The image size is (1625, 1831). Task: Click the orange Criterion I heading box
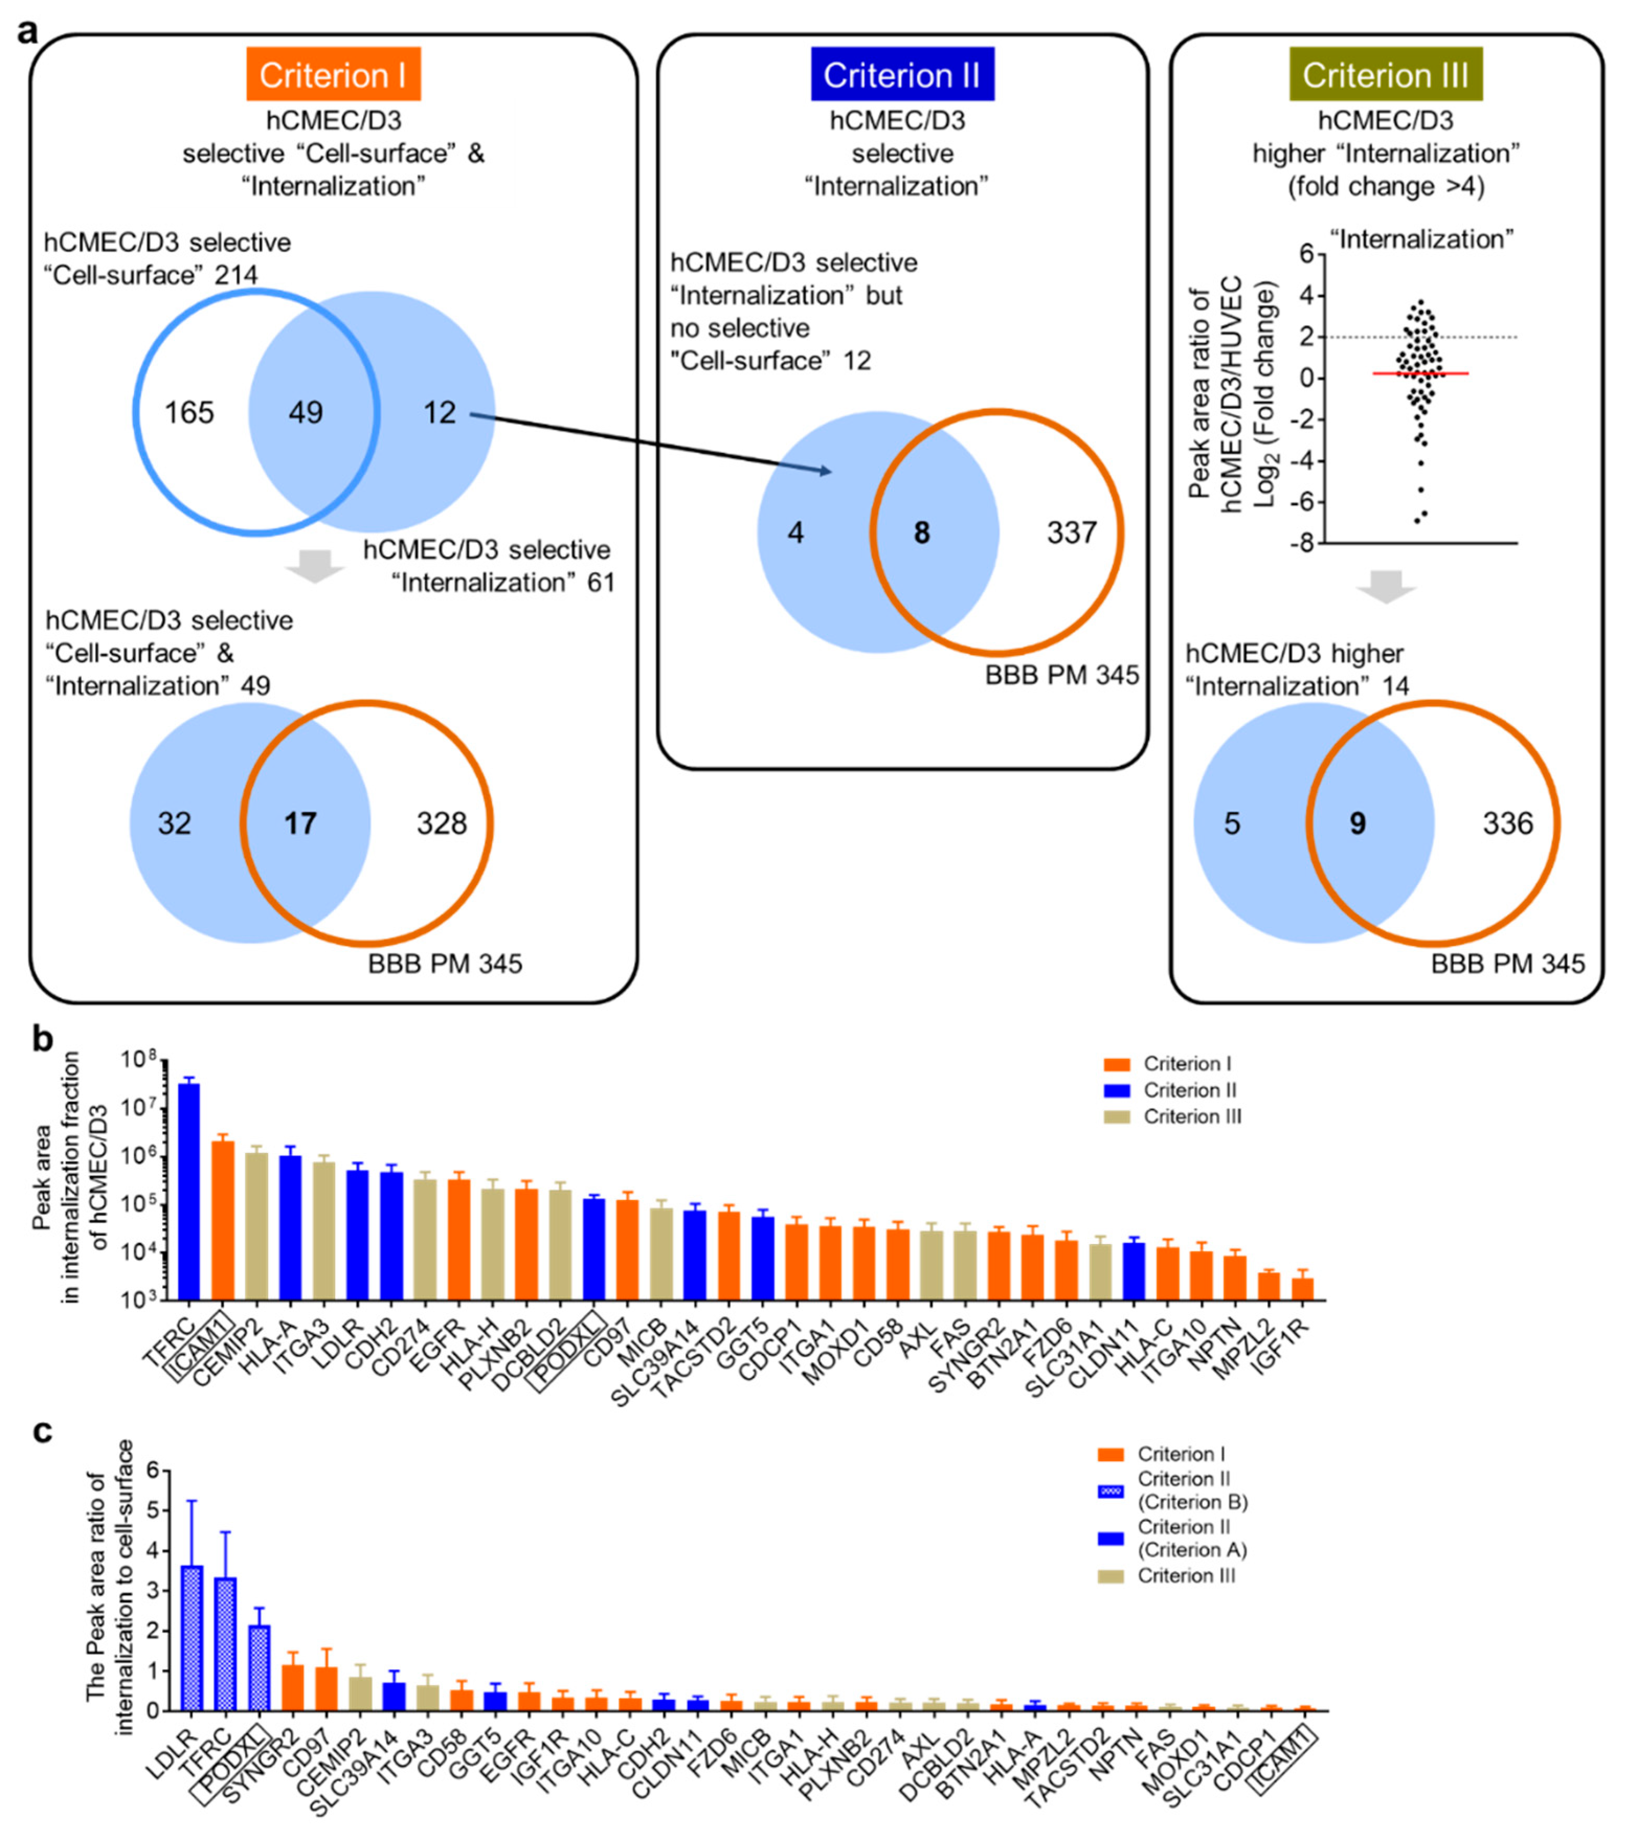click(333, 75)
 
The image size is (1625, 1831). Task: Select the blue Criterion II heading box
click(901, 75)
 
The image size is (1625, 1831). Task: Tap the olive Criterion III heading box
click(1385, 75)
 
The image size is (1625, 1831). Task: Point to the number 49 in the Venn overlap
click(306, 413)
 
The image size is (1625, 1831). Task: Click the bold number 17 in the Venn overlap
click(300, 823)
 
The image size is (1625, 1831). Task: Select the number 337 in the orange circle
click(1071, 533)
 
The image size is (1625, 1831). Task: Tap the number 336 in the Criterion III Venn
click(1508, 823)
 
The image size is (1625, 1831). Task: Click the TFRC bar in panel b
click(189, 1191)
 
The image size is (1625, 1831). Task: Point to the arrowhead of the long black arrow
click(829, 471)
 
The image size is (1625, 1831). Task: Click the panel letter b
click(43, 1039)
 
